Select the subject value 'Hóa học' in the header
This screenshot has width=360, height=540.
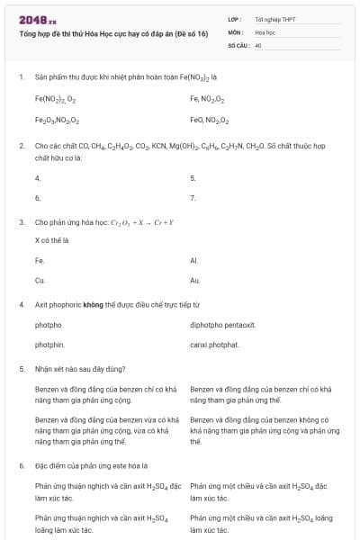[x=265, y=31]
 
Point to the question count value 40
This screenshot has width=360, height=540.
[x=258, y=44]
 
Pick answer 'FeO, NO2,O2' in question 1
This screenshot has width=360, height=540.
[x=210, y=120]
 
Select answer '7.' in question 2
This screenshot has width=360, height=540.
[x=193, y=197]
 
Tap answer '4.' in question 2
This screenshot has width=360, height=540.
[x=38, y=177]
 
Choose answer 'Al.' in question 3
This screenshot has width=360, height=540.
[x=194, y=260]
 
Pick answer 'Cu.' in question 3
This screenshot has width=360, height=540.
[x=40, y=281]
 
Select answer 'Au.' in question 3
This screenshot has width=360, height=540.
[x=195, y=281]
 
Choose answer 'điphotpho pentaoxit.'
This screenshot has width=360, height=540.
[x=223, y=324]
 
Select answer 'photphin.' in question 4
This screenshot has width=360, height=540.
[x=49, y=345]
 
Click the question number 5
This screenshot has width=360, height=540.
[x=21, y=368]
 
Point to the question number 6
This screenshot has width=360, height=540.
[x=21, y=465]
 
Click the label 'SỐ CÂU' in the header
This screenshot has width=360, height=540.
[x=238, y=44]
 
